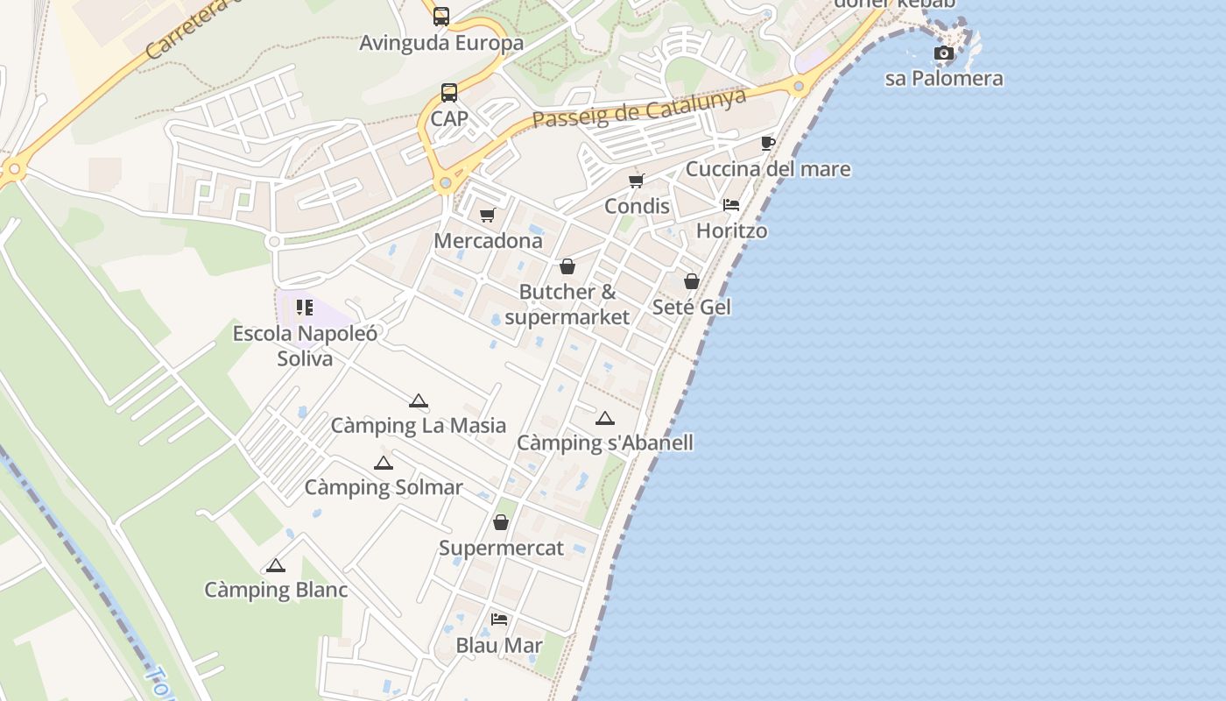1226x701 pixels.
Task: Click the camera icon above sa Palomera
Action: (943, 53)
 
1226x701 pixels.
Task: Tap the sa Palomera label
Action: (944, 78)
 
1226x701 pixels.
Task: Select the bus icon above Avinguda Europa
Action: (441, 16)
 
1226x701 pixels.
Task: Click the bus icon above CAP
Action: (449, 92)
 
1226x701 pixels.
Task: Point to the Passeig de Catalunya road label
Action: (639, 109)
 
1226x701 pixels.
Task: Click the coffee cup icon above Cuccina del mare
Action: (768, 143)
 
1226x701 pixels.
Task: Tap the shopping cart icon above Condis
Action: (637, 181)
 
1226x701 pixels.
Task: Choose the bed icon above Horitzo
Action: (731, 205)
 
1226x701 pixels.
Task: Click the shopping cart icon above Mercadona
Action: (488, 215)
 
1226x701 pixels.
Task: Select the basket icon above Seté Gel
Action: (692, 281)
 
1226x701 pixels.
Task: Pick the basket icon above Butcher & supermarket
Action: (567, 266)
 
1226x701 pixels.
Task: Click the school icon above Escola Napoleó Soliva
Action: (305, 307)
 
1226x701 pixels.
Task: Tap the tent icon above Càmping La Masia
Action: (419, 401)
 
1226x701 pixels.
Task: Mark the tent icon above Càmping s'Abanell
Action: (605, 418)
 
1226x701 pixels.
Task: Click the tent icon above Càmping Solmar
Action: (384, 463)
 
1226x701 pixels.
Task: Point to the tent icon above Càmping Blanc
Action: (276, 565)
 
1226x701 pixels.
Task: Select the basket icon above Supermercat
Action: (501, 522)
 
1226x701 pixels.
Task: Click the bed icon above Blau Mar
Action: (499, 620)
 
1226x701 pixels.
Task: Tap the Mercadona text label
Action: (489, 240)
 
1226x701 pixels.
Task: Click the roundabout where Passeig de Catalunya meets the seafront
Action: (798, 87)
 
